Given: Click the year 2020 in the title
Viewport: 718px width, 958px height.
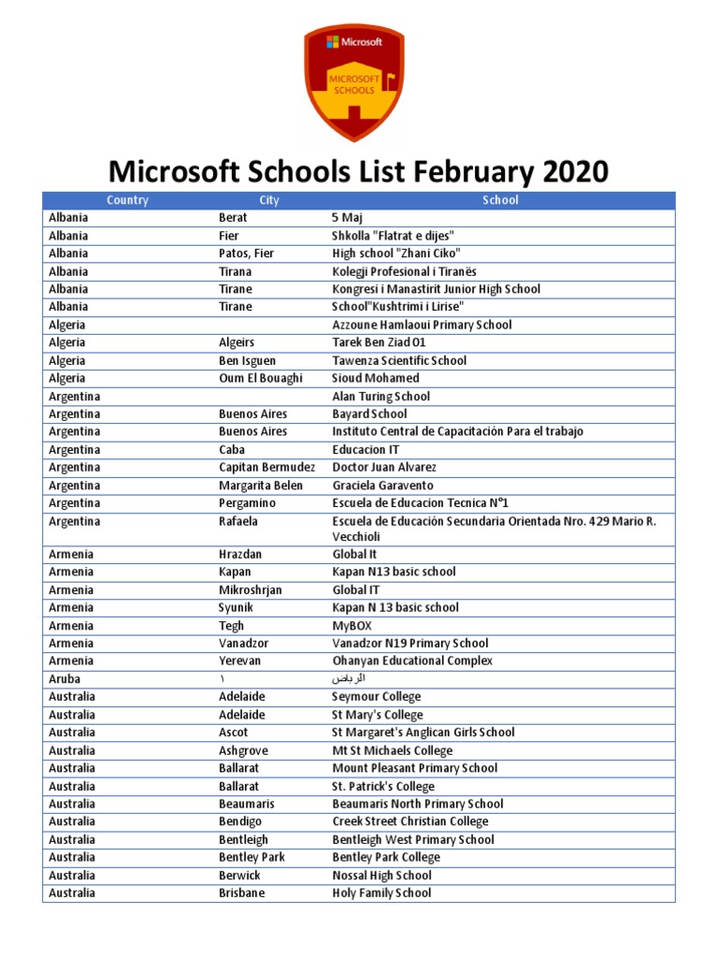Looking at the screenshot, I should coord(572,171).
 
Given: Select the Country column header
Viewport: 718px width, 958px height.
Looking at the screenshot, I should coord(127,200).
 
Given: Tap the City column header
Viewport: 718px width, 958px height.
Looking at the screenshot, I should coord(269,200).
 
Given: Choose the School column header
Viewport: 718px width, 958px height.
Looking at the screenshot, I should coord(500,200).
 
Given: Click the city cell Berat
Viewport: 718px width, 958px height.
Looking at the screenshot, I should coord(233,218).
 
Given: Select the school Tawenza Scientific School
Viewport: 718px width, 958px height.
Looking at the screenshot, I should coord(399,361).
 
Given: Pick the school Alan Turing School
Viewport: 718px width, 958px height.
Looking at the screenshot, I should coord(381,397).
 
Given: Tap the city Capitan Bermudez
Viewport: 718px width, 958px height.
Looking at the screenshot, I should coord(266,468).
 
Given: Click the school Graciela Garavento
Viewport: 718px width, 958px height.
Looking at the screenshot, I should coord(383,486).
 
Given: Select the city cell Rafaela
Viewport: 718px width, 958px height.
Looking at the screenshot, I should coord(238,521).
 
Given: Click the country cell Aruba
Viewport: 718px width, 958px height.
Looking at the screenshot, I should coord(65,679).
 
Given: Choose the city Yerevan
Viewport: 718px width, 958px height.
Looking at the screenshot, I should coord(239,661).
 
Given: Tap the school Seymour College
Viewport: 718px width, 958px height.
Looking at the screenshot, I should coord(377,697).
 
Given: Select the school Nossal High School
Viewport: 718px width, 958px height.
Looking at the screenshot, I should coord(381,876).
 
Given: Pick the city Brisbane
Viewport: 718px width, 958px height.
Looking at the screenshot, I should coord(241,893).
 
